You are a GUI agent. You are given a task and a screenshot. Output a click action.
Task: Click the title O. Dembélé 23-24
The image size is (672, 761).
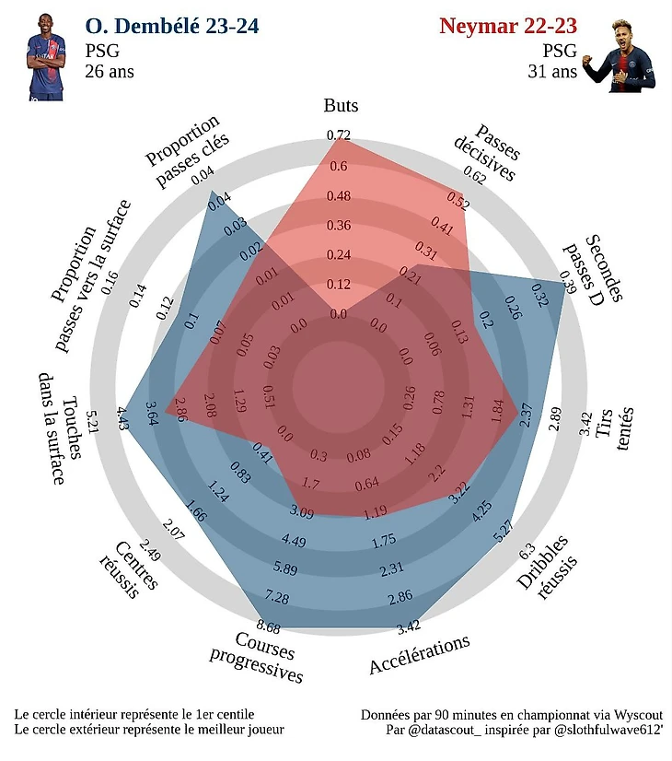coord(171,26)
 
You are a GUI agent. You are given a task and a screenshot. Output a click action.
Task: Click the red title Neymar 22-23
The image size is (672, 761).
coord(508,26)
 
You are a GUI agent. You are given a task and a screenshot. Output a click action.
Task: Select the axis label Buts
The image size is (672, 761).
coord(341,105)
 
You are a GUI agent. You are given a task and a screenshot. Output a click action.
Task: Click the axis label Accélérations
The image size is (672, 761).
coord(420,654)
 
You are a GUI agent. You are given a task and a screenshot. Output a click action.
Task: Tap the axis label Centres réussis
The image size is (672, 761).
coord(127,567)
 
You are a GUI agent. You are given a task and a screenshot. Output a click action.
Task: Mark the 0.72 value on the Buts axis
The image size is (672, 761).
coord(339,135)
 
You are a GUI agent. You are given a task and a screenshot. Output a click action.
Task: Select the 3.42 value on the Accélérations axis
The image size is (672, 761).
coord(408,628)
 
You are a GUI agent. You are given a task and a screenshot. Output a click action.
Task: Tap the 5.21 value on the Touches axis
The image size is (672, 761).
coord(91,419)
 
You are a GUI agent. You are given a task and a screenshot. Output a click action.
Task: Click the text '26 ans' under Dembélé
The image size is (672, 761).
coord(110,71)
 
